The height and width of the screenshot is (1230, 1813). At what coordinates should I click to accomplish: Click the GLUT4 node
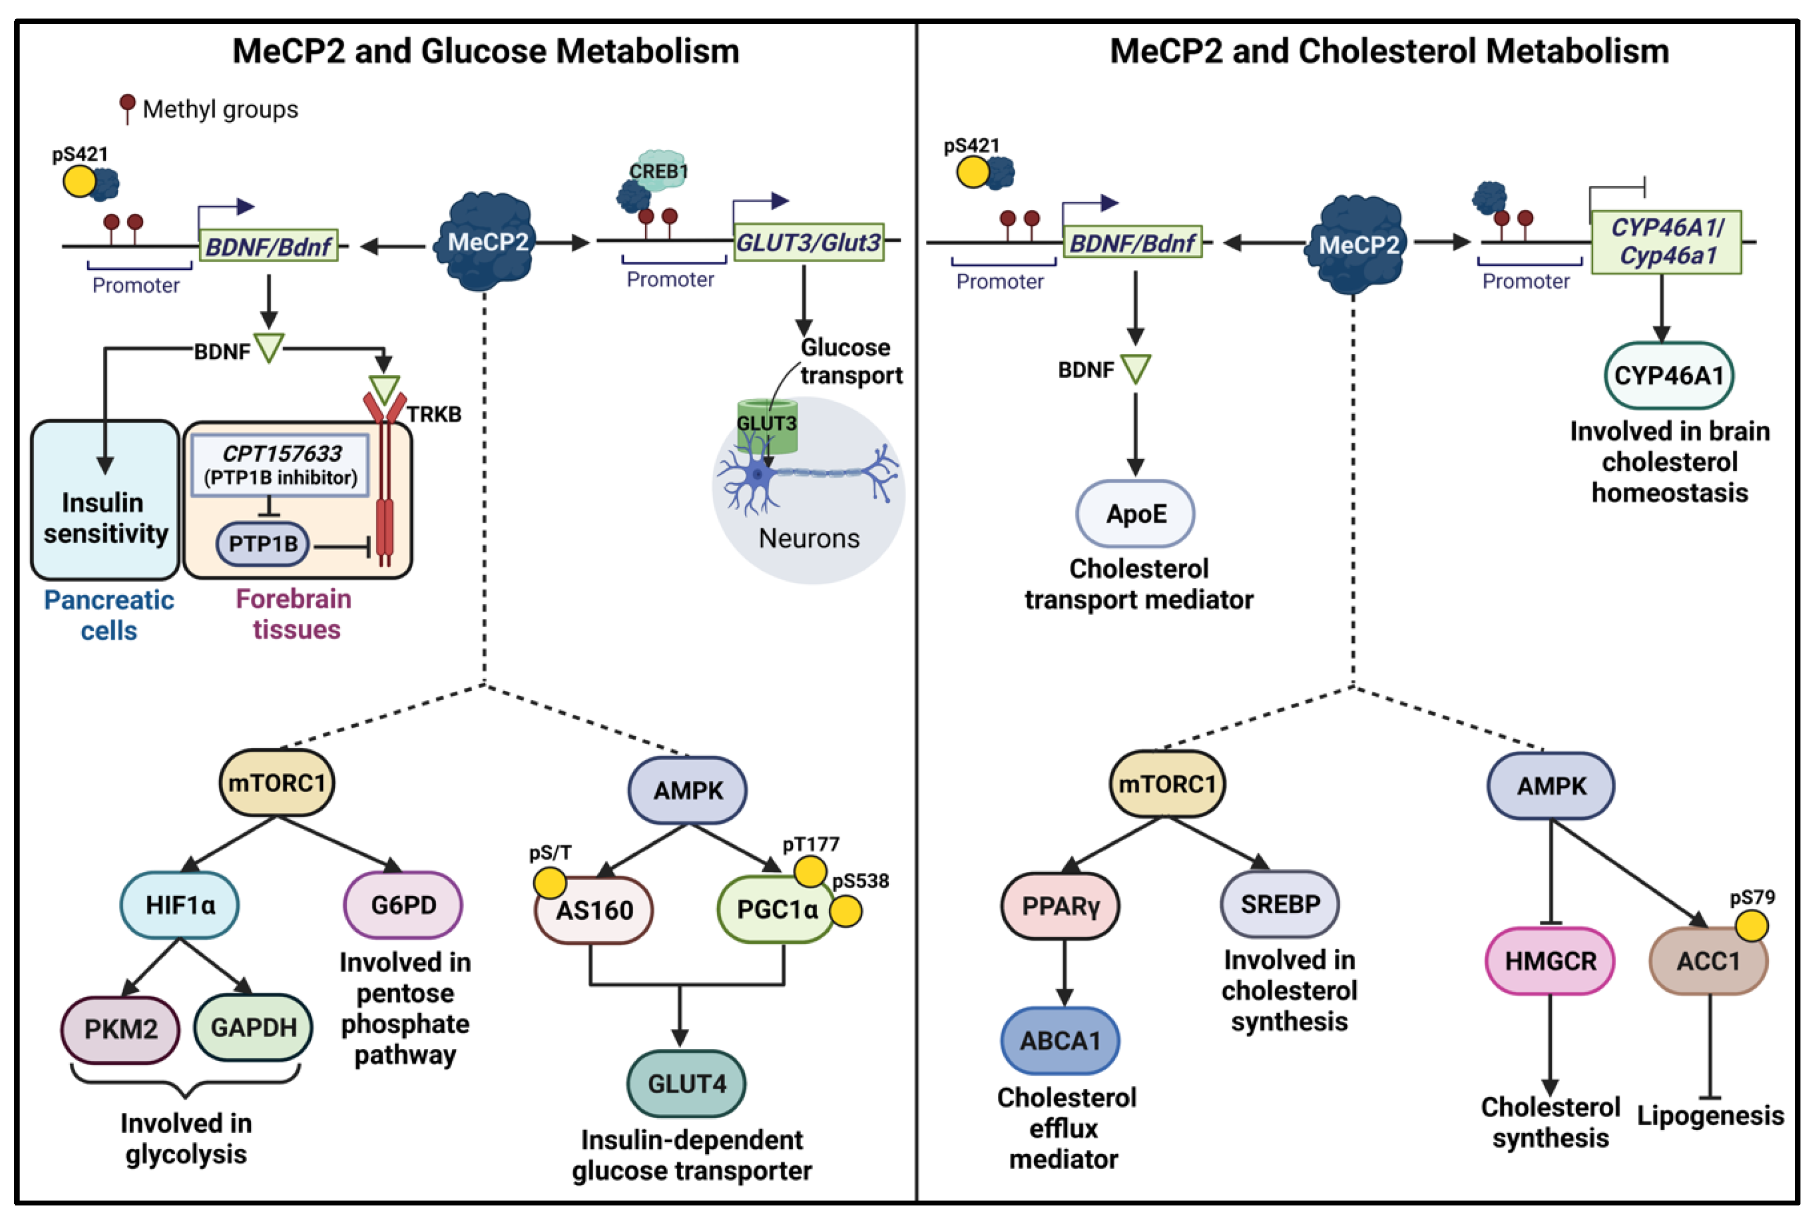coord(686,1083)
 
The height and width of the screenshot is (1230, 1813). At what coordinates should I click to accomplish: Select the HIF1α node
coord(179,905)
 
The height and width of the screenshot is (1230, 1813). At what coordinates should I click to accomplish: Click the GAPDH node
coord(253,1027)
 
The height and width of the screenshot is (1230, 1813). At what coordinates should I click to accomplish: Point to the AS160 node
coord(594,910)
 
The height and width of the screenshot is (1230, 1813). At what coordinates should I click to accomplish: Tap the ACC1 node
coord(1708,961)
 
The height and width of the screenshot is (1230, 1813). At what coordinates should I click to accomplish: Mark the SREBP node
coord(1279,904)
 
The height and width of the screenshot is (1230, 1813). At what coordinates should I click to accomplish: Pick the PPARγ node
coord(1059,906)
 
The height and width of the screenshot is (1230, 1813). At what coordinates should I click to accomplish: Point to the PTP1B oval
coord(262,544)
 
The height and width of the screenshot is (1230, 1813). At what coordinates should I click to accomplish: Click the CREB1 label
coord(659,171)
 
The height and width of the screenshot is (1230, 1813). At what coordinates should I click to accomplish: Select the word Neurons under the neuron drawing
coord(809,538)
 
